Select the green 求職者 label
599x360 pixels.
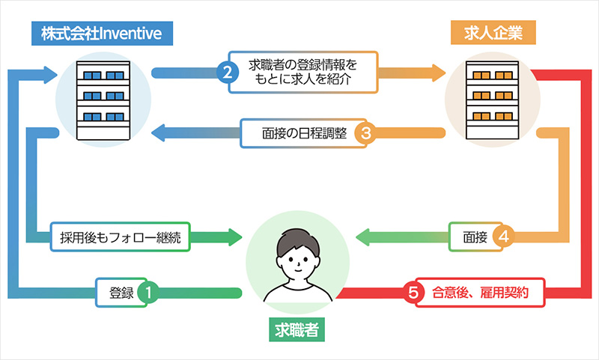(x=298, y=330)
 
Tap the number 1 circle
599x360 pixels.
(x=149, y=293)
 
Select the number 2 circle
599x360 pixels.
(x=226, y=73)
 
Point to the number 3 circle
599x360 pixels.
(x=366, y=134)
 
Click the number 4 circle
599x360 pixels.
(x=504, y=237)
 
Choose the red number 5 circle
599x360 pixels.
(x=412, y=293)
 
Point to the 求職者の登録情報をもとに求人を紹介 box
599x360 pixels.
(x=303, y=73)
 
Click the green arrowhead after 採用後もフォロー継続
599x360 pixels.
(x=235, y=237)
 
